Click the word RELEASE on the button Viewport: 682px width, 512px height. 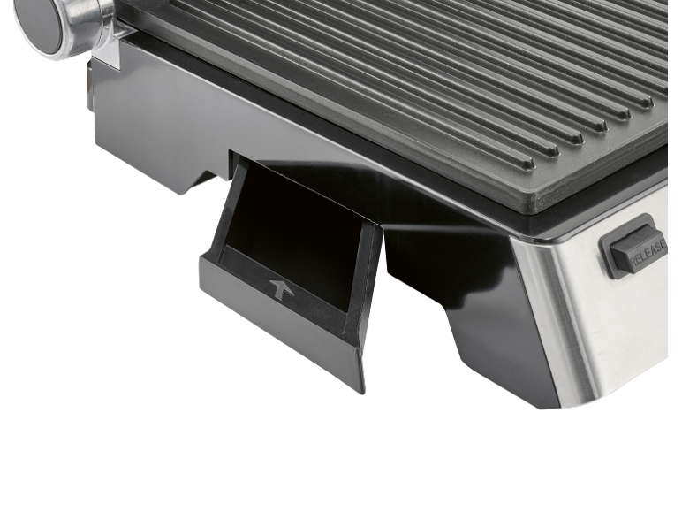coord(648,253)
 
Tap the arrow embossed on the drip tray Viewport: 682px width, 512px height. coord(281,289)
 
